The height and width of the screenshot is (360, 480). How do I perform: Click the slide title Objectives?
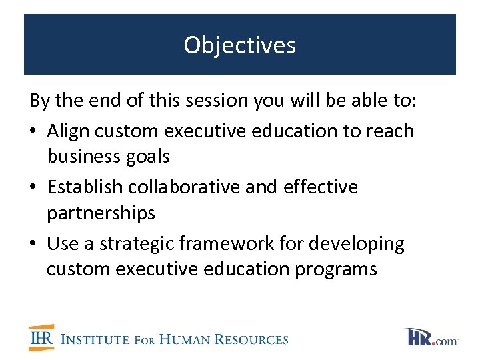pyautogui.click(x=240, y=45)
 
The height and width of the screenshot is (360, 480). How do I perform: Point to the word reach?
pyautogui.click(x=390, y=131)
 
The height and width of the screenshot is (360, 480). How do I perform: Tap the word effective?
pyautogui.click(x=321, y=187)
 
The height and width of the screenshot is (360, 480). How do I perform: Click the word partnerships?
pyautogui.click(x=101, y=213)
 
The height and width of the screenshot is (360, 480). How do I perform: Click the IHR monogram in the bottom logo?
pyautogui.click(x=41, y=338)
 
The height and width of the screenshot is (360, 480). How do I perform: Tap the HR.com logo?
pyautogui.click(x=431, y=337)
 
